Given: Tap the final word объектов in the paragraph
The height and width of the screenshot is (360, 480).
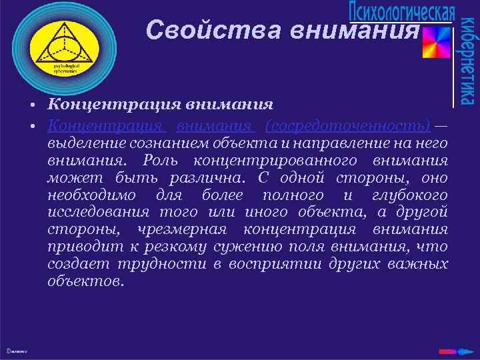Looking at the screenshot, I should tap(85, 281).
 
